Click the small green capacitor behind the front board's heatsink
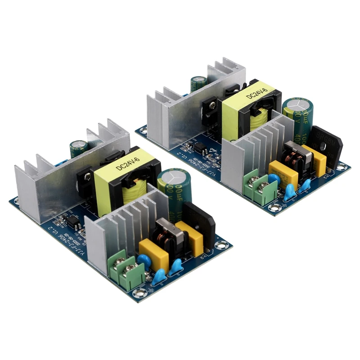[x=78, y=148]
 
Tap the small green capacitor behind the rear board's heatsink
[x=198, y=83]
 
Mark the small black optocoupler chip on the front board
[x=71, y=221]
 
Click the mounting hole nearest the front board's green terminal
[x=141, y=292]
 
